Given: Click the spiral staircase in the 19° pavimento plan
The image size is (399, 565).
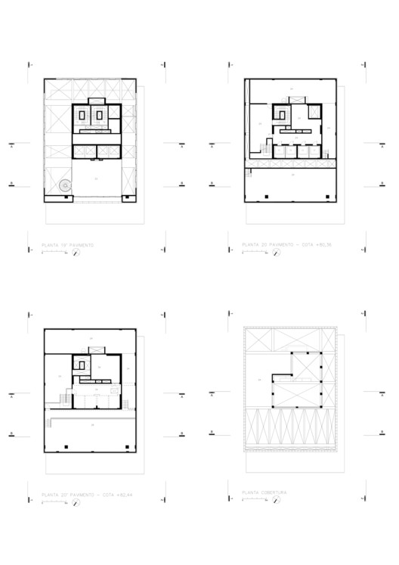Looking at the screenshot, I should tap(65, 184).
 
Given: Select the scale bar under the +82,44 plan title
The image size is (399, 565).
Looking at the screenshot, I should tap(54, 500).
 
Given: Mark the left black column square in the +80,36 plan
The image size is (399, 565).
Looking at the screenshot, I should tap(267, 197).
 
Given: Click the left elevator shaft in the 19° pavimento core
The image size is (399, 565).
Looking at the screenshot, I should tap(81, 114).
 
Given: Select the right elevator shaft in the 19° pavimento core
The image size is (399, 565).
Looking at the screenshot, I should tap(97, 114).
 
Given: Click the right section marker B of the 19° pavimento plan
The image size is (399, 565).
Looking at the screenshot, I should tap(182, 183).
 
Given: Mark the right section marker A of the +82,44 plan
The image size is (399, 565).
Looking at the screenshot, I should tap(182, 394).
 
